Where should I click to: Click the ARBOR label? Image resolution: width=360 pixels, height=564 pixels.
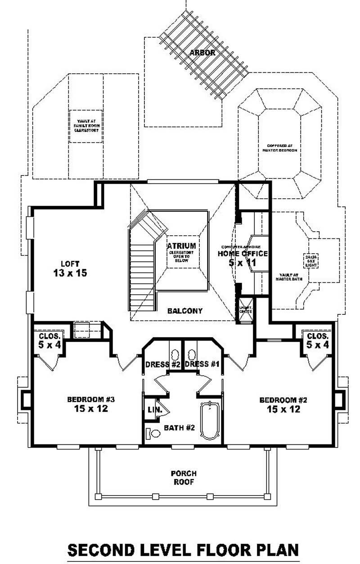tap(202, 53)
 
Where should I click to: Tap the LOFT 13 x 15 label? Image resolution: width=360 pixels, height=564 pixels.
tap(70, 268)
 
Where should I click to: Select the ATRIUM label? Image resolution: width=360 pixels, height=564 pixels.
tap(181, 246)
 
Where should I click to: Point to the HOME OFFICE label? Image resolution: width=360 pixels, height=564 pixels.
tap(243, 254)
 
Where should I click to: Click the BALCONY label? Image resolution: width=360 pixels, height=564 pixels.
tap(185, 311)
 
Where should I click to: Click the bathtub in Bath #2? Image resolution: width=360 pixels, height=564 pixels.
tap(210, 421)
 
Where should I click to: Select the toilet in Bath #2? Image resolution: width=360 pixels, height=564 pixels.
tap(153, 434)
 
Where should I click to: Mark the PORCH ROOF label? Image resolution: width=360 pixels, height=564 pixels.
tap(183, 478)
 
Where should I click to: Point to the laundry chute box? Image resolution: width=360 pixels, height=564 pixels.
tap(245, 309)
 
